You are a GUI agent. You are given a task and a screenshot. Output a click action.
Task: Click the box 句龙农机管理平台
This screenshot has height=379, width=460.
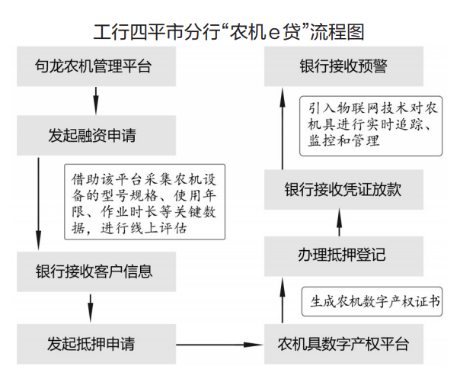(x=96, y=66)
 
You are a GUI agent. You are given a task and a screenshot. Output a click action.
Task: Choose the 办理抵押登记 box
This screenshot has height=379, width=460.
(x=343, y=256)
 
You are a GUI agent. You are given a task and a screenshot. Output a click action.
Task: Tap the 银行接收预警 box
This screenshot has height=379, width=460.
(x=343, y=66)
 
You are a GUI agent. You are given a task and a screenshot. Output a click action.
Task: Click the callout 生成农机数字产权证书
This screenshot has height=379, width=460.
(x=372, y=299)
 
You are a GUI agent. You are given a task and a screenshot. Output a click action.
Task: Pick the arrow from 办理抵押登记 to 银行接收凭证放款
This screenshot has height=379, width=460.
(x=339, y=223)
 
